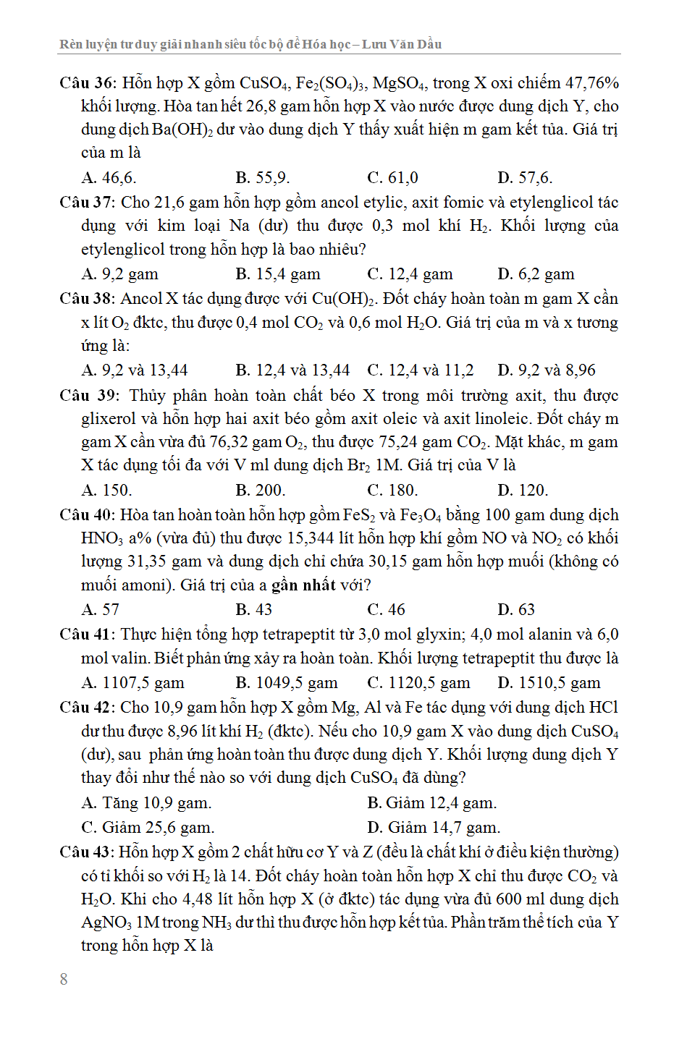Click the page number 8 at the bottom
64,979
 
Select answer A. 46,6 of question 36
109,178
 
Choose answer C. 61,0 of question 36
392,178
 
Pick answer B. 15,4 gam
278,274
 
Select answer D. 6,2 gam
536,274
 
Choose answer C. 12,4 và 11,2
421,370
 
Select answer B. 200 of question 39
261,491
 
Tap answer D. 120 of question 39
523,491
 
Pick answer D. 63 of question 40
516,610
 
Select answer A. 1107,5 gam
133,683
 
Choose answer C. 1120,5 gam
418,683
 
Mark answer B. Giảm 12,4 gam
432,803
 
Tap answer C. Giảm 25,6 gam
148,828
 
